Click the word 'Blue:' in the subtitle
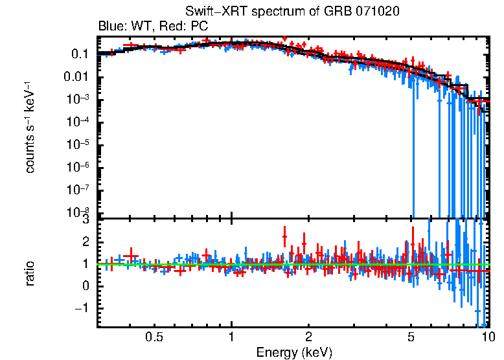111,27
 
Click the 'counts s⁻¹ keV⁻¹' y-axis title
30,127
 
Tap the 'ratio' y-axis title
30,274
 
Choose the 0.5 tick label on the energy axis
154,337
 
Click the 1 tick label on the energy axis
231,337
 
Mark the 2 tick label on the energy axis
308,337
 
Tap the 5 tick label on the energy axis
411,337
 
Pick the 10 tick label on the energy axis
487,337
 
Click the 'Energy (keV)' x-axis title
295,353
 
